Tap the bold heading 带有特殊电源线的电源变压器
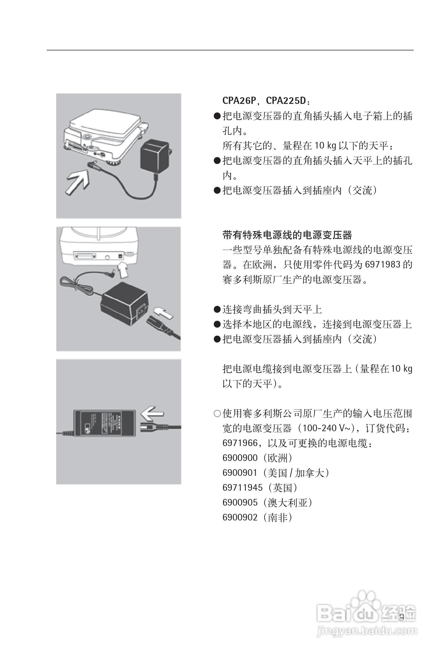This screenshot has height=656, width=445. pos(287,235)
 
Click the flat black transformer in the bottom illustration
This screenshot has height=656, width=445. pos(104,422)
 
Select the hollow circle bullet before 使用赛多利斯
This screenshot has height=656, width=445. pos(217,414)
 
